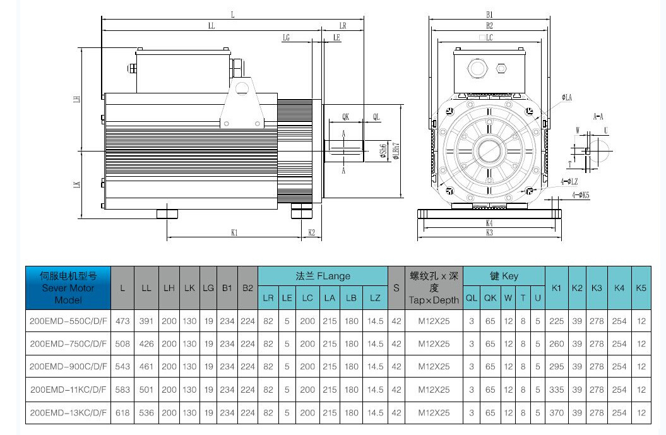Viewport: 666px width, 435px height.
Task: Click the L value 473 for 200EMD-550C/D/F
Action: (122, 321)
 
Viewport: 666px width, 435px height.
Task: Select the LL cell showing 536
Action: (146, 413)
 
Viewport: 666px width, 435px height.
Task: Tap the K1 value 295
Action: (556, 367)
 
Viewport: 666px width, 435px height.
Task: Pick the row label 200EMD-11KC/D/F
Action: (68, 390)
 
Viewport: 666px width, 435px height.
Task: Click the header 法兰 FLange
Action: (323, 277)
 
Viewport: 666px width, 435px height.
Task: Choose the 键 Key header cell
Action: (504, 277)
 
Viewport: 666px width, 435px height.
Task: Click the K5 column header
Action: (641, 288)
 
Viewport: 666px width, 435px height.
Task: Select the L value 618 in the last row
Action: (122, 413)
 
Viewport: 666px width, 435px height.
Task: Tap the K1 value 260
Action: (556, 344)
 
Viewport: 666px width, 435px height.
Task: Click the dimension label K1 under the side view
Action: (234, 233)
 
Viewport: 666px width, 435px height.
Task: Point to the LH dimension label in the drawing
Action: (76, 100)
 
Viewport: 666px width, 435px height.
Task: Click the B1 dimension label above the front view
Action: (489, 14)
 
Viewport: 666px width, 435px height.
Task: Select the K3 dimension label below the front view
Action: (489, 233)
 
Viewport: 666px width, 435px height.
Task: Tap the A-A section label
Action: (598, 117)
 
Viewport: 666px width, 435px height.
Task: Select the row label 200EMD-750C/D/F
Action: (68, 344)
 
